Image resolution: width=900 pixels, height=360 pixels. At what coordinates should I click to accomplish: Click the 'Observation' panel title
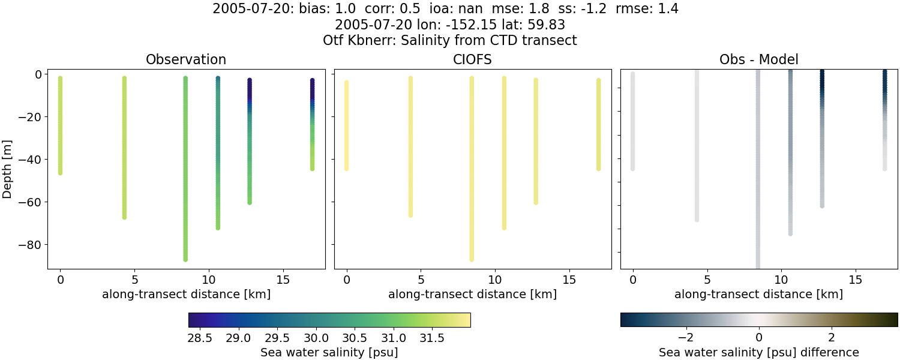pos(186,59)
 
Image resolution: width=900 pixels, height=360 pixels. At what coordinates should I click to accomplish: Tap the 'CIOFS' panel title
pos(472,59)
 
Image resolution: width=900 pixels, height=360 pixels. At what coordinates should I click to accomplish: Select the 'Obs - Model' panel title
pos(758,59)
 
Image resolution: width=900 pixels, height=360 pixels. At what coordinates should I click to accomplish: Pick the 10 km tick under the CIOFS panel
pos(495,280)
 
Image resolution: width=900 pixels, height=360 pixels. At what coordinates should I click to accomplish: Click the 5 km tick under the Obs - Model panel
pos(707,280)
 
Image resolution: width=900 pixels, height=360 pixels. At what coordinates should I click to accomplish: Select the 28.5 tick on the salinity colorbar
pos(200,337)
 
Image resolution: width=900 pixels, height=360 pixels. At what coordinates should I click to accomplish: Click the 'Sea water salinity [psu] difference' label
pos(758,352)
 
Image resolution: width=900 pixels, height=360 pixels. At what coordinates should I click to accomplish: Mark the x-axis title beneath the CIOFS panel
pos(472,294)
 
